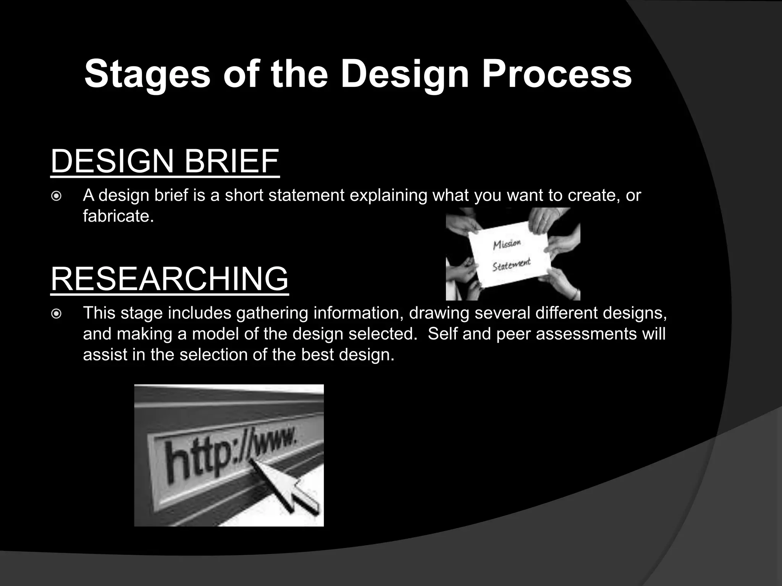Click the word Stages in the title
pyautogui.click(x=147, y=74)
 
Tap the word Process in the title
pyautogui.click(x=556, y=74)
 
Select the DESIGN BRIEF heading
pyautogui.click(x=165, y=162)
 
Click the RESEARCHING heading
pyautogui.click(x=170, y=279)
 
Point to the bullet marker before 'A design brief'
pyautogui.click(x=56, y=196)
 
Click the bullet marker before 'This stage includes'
pyautogui.click(x=56, y=314)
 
